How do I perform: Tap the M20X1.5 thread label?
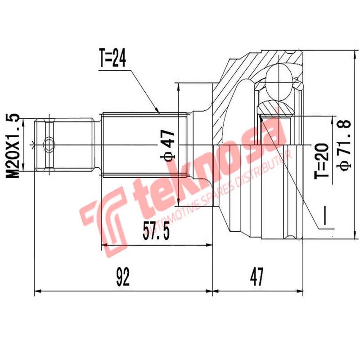click(15, 145)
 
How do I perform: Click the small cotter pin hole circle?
click(49, 145)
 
